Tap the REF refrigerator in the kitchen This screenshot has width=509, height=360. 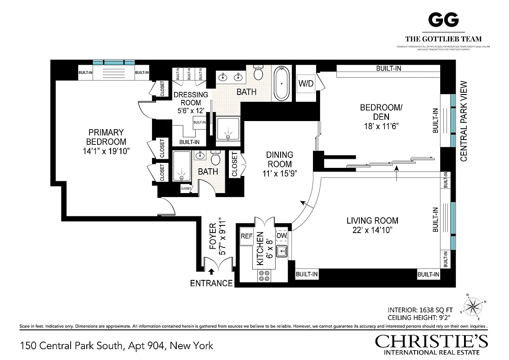246,236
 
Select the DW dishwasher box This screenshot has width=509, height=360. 282,236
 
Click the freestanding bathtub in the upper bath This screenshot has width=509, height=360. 282,84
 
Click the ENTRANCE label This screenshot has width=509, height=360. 211,283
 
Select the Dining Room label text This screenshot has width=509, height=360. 280,159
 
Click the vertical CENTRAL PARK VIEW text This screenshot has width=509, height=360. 464,121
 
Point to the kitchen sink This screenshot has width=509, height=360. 282,251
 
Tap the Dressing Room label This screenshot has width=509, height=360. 191,99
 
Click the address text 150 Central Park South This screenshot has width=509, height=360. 116,346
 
